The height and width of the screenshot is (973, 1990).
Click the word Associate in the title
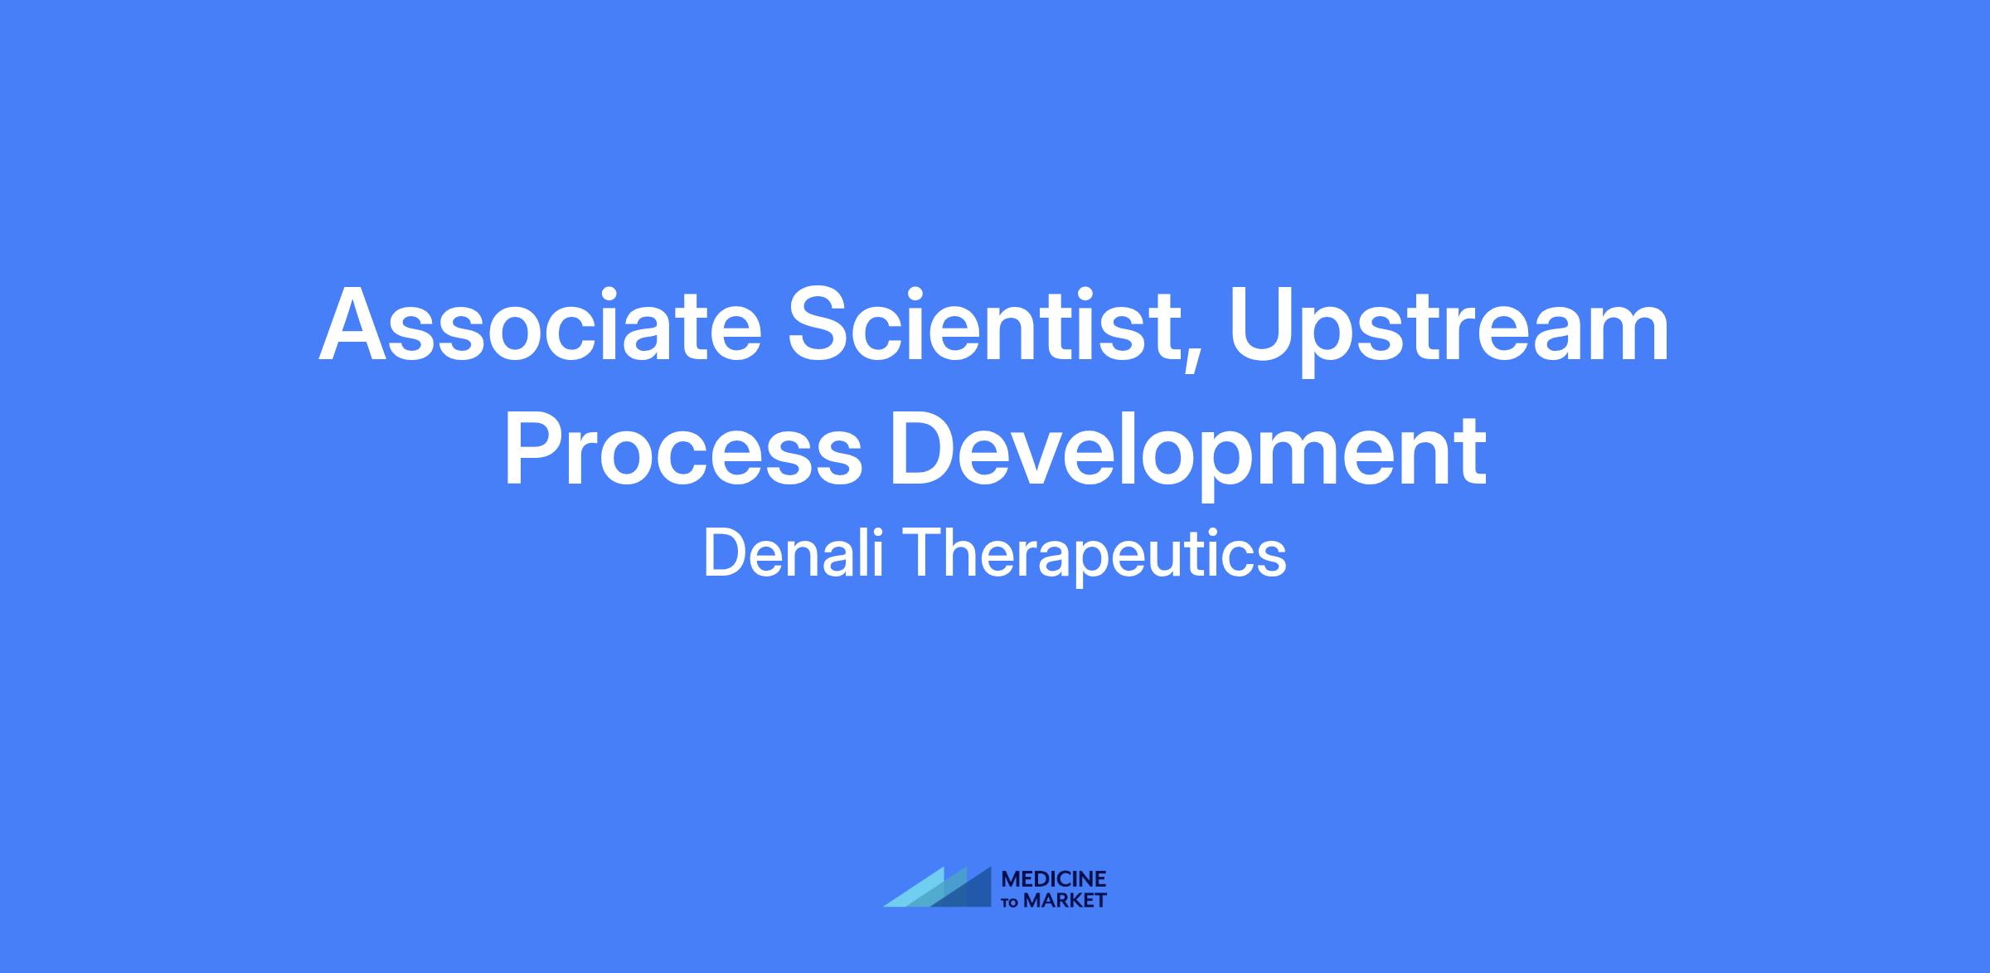[x=540, y=325]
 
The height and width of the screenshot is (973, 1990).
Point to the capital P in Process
[x=535, y=449]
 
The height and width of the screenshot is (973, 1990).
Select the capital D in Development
[x=927, y=449]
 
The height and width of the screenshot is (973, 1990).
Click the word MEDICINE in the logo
[x=1054, y=878]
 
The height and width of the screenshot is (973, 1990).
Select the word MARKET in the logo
[x=1065, y=900]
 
